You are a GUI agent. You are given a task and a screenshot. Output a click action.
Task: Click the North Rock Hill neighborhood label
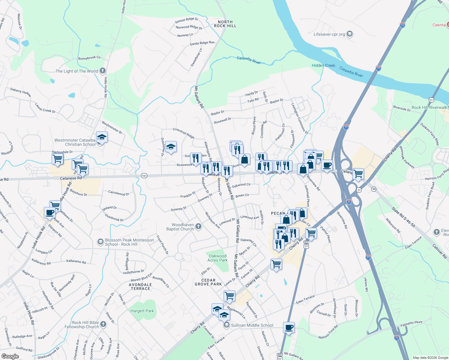pos(225,24)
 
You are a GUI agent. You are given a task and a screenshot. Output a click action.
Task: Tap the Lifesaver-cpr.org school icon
pos(349,34)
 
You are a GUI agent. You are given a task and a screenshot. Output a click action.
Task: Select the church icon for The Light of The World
pos(103,71)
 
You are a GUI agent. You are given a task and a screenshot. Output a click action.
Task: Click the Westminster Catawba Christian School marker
pos(102,137)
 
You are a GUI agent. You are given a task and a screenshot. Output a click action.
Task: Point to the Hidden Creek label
pos(323,65)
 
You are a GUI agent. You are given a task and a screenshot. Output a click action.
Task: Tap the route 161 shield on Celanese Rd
pos(144,175)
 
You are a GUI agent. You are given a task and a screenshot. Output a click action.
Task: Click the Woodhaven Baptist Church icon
pos(198,226)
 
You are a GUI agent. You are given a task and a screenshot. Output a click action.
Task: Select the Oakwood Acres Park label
pos(218,258)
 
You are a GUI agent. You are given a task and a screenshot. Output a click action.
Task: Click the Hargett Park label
pos(142,311)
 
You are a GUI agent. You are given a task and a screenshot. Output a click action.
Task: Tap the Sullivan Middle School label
pos(252,325)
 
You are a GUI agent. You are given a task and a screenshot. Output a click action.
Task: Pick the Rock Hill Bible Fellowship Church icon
pos(103,324)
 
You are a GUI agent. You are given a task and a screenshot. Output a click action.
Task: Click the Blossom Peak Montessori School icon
pos(101,242)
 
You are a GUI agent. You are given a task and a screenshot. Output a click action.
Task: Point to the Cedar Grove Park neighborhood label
pos(208,282)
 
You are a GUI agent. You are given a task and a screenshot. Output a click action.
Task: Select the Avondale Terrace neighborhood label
pos(140,286)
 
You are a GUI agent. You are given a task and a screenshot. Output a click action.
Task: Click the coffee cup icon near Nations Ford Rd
pos(289,327)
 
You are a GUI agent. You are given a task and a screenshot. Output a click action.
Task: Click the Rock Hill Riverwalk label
pos(429,107)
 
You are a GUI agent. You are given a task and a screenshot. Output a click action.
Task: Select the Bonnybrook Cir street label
pos(89,58)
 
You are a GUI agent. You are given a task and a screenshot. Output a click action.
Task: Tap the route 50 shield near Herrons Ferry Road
pos(374,189)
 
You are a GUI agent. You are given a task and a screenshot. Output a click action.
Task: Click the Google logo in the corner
pos(10,356)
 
